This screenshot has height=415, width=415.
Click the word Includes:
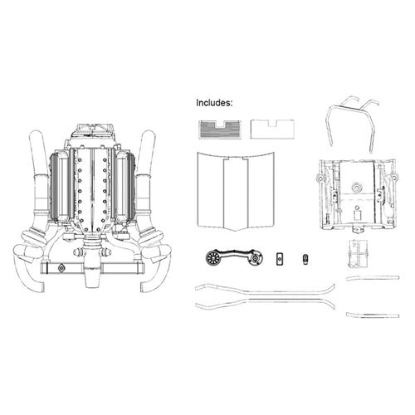214,103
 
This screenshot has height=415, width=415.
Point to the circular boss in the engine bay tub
357,188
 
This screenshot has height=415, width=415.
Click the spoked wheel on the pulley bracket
212,257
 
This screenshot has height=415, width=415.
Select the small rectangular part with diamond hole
280,259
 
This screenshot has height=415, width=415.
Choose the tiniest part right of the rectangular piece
305,260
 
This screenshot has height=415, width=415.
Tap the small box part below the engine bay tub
358,253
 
